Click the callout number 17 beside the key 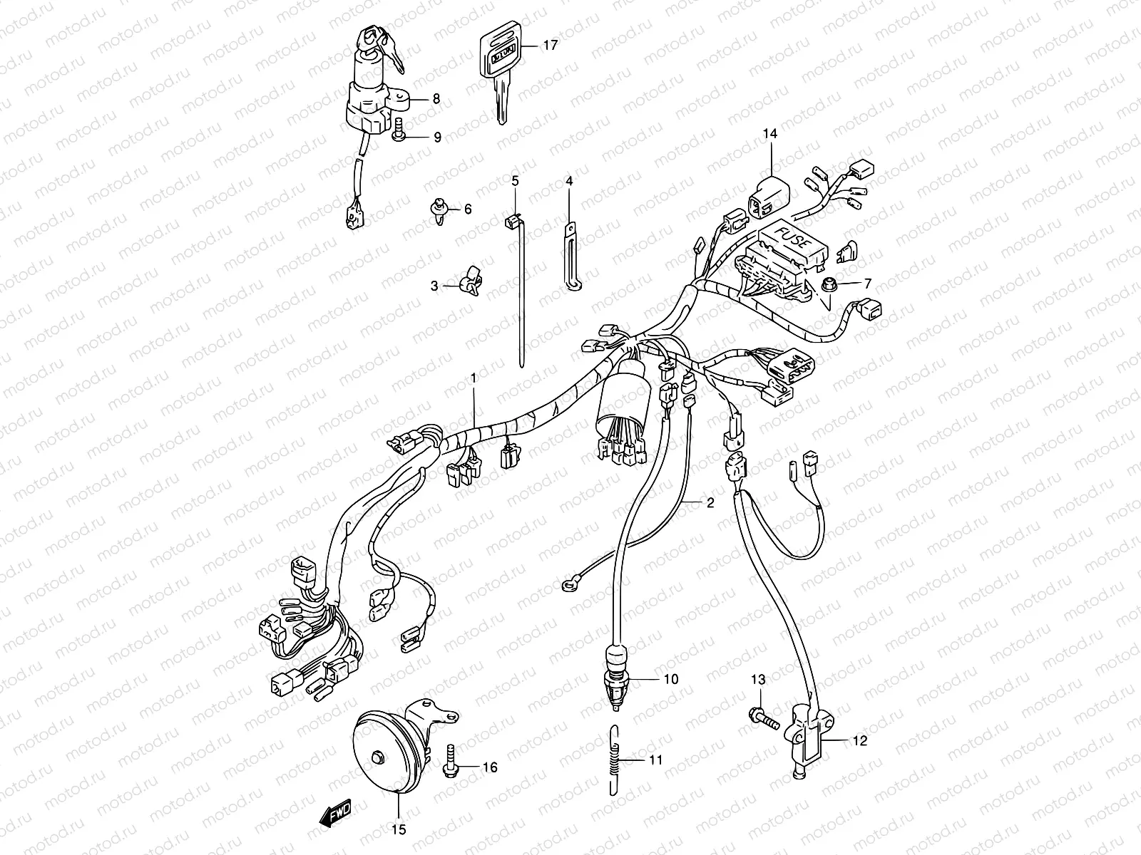pyautogui.click(x=550, y=45)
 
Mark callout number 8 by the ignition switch pyautogui.click(x=436, y=100)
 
